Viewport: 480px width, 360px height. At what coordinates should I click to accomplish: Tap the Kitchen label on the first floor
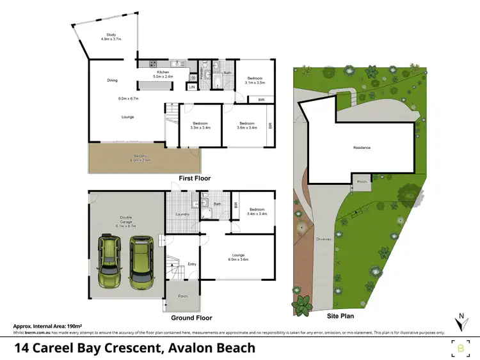(163, 72)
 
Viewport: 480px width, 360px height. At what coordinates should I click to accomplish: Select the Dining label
(112, 81)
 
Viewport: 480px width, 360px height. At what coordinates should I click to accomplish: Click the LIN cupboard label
(191, 87)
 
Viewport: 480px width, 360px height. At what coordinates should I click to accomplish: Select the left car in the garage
(110, 262)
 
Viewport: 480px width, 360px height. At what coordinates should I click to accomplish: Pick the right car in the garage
(141, 262)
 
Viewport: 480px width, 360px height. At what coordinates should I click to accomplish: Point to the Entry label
(192, 264)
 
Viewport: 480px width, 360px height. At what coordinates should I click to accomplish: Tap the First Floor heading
(195, 178)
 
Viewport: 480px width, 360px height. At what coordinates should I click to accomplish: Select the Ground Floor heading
(191, 318)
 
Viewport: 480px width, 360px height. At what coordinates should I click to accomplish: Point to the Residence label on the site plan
(362, 148)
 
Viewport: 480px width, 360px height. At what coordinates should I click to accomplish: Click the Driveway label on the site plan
(323, 240)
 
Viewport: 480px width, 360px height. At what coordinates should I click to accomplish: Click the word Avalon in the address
(182, 348)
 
